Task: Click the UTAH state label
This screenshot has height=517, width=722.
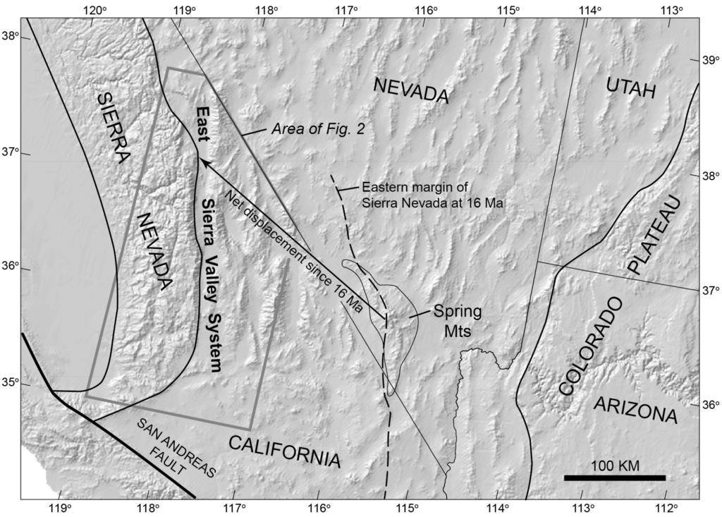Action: pos(630,90)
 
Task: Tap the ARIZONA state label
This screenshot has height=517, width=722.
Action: pos(635,409)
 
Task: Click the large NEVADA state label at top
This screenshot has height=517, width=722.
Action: pos(412,90)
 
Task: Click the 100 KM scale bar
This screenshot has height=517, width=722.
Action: pos(614,478)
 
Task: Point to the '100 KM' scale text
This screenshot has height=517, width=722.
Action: pos(614,466)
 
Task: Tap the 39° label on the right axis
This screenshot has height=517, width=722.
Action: pos(708,61)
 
